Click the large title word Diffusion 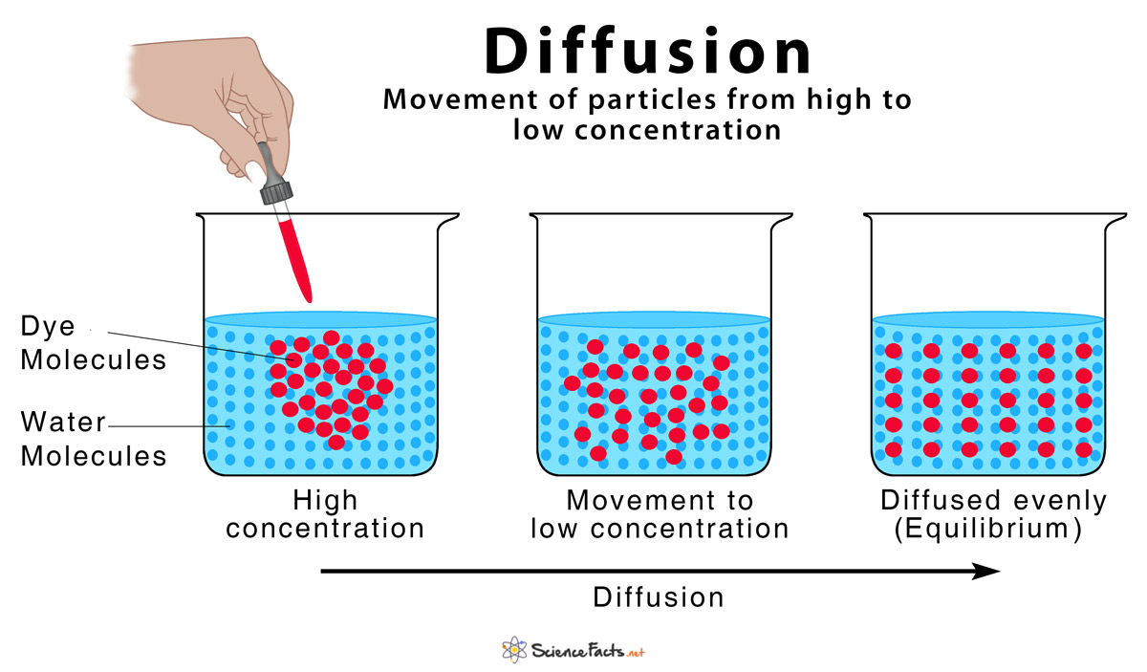click(x=648, y=53)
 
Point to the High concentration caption click(x=325, y=513)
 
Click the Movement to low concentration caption click(x=660, y=513)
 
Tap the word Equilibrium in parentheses click(x=987, y=528)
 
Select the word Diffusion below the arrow click(x=659, y=598)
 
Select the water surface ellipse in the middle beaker click(x=654, y=320)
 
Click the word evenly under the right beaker click(x=1060, y=500)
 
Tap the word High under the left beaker click(x=324, y=500)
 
